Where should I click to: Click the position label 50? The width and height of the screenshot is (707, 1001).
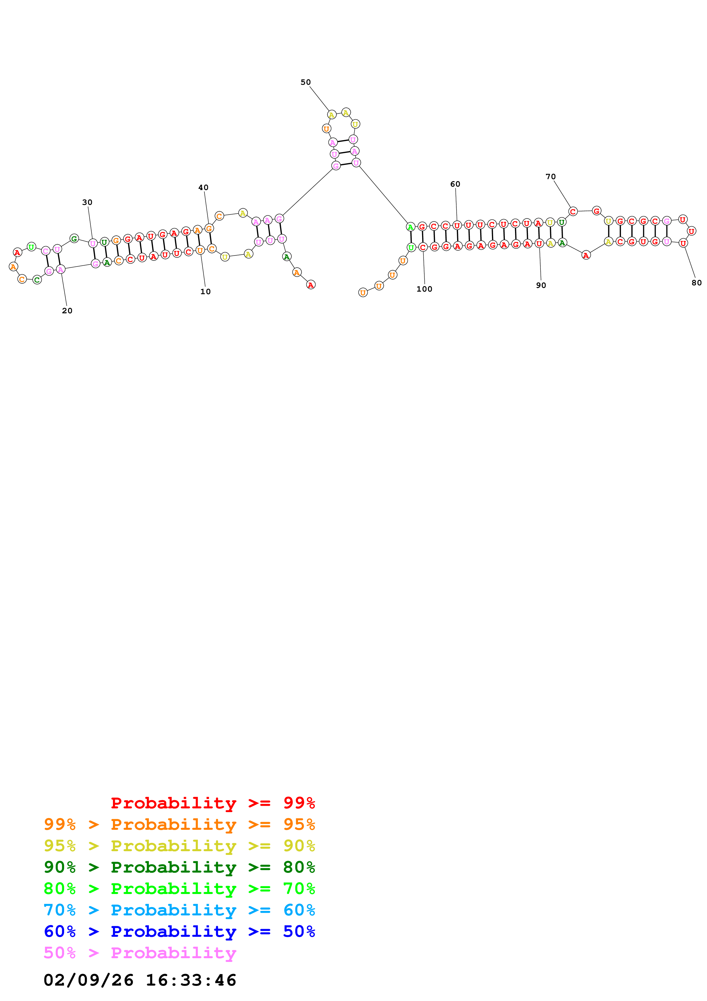pyautogui.click(x=305, y=82)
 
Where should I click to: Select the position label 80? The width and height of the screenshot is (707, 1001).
pyautogui.click(x=696, y=282)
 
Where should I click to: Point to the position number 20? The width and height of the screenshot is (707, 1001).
pyautogui.click(x=67, y=311)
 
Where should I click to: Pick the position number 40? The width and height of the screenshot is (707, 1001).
pyautogui.click(x=203, y=187)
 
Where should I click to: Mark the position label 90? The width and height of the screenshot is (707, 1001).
pyautogui.click(x=541, y=285)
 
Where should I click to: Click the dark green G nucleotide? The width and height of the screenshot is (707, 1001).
pyautogui.click(x=74, y=239)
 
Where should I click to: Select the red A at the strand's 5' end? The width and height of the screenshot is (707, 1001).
pyautogui.click(x=311, y=285)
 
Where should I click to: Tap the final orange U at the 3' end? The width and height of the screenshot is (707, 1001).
pyautogui.click(x=363, y=292)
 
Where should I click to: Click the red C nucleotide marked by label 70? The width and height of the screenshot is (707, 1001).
pyautogui.click(x=573, y=211)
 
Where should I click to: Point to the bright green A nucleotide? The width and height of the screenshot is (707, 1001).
pyautogui.click(x=410, y=227)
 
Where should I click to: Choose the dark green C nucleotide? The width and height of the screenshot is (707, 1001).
pyautogui.click(x=37, y=279)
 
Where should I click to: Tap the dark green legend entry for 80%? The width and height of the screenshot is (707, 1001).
pyautogui.click(x=179, y=867)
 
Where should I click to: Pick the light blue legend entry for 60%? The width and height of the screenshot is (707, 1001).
pyautogui.click(x=179, y=910)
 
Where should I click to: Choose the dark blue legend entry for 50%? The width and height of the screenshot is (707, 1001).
pyautogui.click(x=179, y=931)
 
